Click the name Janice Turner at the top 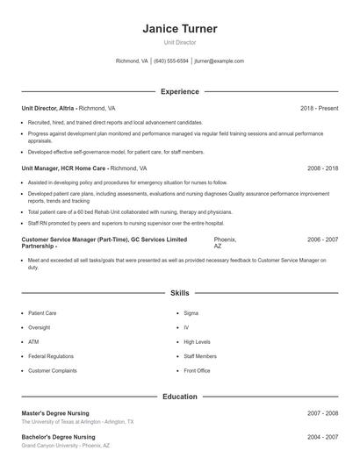click(179, 29)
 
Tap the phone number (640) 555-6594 click(171, 61)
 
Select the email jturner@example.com click(219, 61)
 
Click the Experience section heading click(179, 91)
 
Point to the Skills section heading click(179, 293)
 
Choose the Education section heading click(179, 397)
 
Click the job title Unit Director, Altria click(49, 108)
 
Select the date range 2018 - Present click(319, 108)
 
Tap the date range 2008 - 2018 click(322, 168)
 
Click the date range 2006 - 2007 click(322, 240)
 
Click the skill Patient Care click(42, 312)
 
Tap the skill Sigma click(191, 312)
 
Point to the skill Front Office click(197, 370)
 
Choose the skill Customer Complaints click(51, 370)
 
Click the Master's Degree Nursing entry click(58, 412)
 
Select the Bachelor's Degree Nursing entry click(58, 436)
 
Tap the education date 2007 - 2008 click(322, 412)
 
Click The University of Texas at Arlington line click(77, 422)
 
